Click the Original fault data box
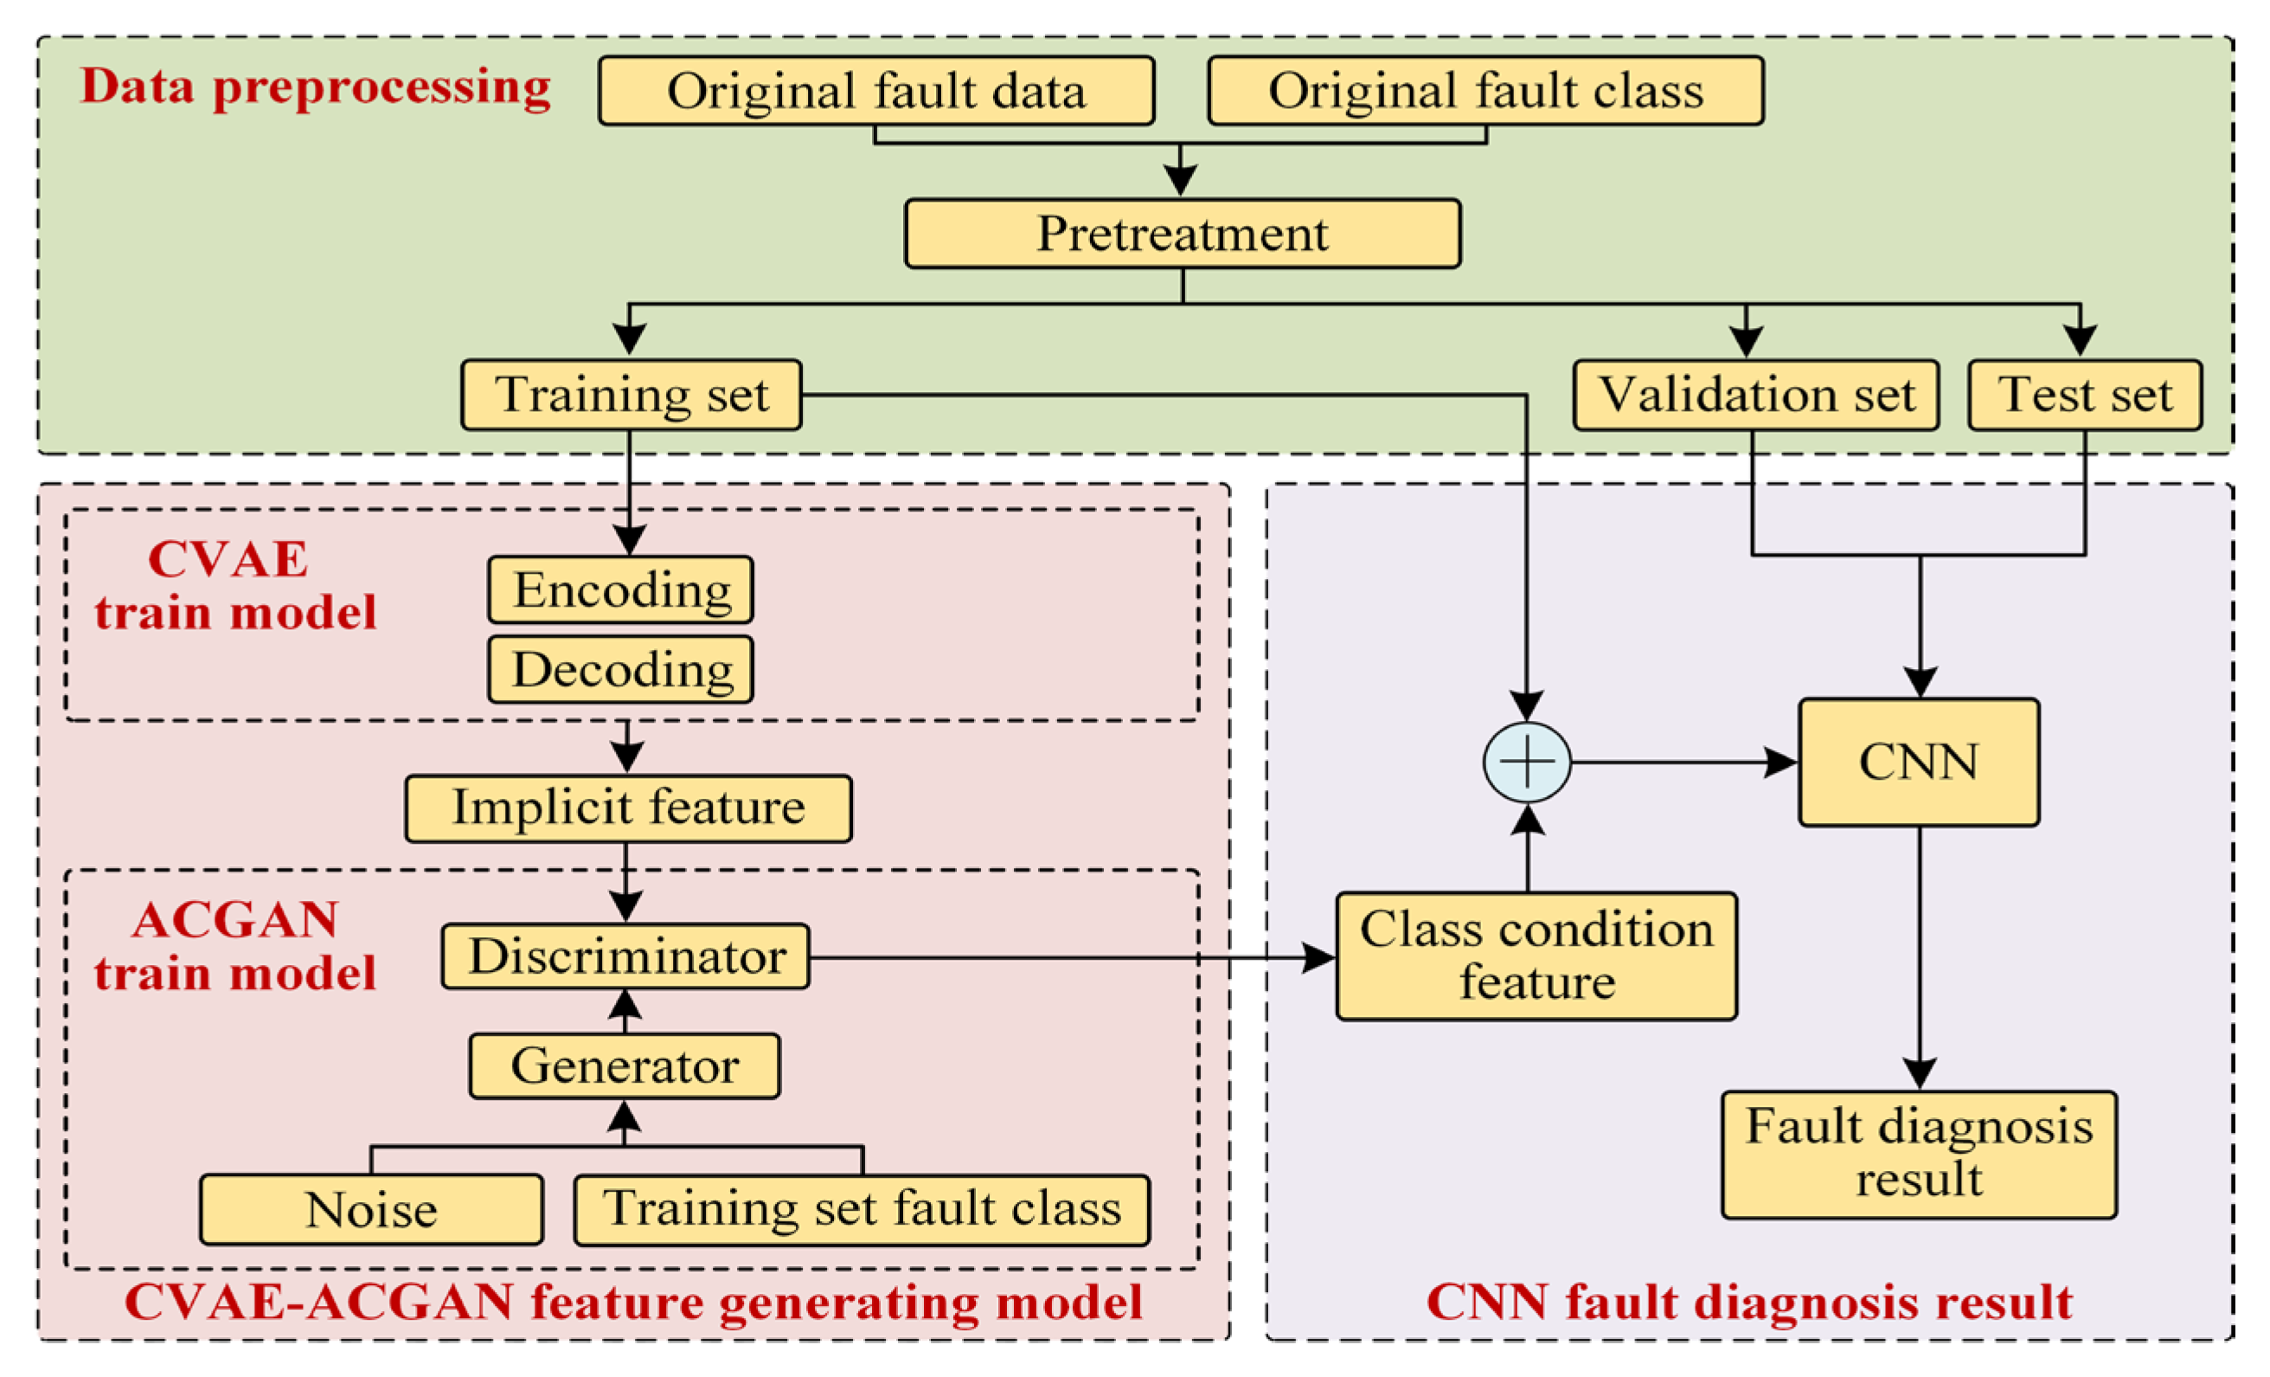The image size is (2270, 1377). pos(875,90)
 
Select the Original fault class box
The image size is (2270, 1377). pos(1485,90)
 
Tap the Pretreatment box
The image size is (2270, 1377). pos(1182,233)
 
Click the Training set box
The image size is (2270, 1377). pos(631,395)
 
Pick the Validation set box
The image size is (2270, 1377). pos(1755,395)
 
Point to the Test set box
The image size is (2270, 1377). pos(2084,395)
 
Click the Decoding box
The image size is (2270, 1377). pos(620,669)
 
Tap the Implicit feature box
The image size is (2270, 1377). pos(628,808)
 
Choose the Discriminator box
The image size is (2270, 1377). pos(625,956)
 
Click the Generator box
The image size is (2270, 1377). pos(624,1065)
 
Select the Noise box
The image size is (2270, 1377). pos(370,1209)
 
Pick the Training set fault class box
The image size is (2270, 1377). pos(862,1209)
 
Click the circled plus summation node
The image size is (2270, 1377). pos(1527,762)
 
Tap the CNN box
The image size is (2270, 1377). pos(1918,762)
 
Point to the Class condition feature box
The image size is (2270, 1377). pos(1536,956)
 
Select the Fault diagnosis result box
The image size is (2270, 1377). pos(1918,1154)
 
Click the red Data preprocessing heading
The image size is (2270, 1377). pos(315,87)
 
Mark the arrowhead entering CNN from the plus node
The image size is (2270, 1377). pos(1779,762)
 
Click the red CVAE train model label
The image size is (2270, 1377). pos(235,586)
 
